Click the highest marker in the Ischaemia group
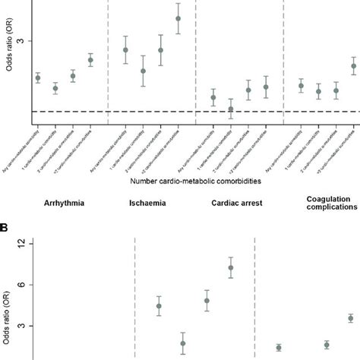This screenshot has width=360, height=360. tap(178, 18)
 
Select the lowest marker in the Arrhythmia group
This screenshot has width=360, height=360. tap(55, 89)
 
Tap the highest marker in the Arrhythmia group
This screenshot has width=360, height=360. tap(90, 60)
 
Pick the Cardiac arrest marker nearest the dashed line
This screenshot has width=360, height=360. tap(231, 109)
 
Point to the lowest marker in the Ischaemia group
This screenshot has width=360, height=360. tap(143, 71)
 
